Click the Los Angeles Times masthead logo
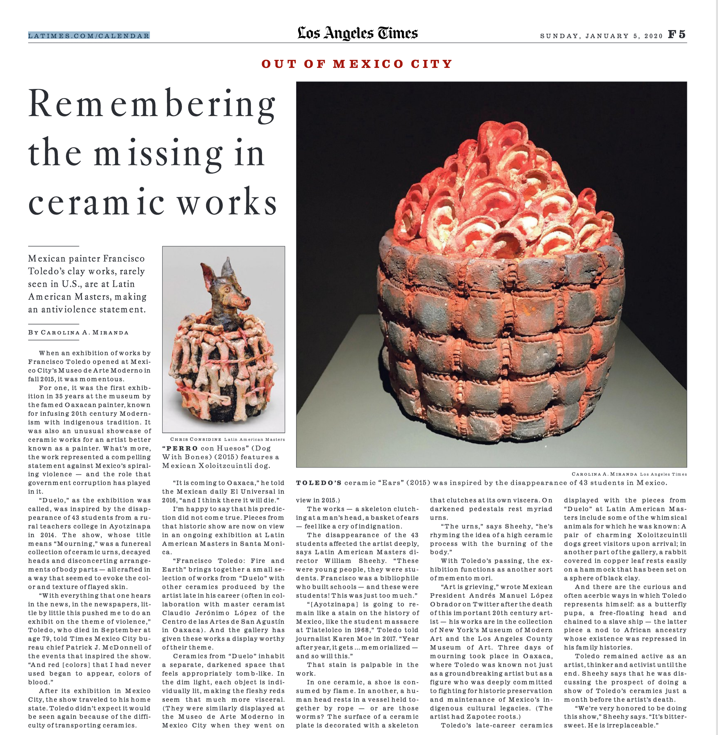click(x=357, y=33)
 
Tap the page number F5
click(x=677, y=35)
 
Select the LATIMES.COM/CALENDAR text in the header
click(x=89, y=36)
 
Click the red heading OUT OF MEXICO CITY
click(x=357, y=64)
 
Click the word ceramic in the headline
click(x=96, y=203)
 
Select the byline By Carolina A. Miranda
click(x=78, y=332)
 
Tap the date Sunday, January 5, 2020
click(x=601, y=36)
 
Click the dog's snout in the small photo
click(x=246, y=301)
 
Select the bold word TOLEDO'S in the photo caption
click(x=319, y=483)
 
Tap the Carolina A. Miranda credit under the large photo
click(x=605, y=474)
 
